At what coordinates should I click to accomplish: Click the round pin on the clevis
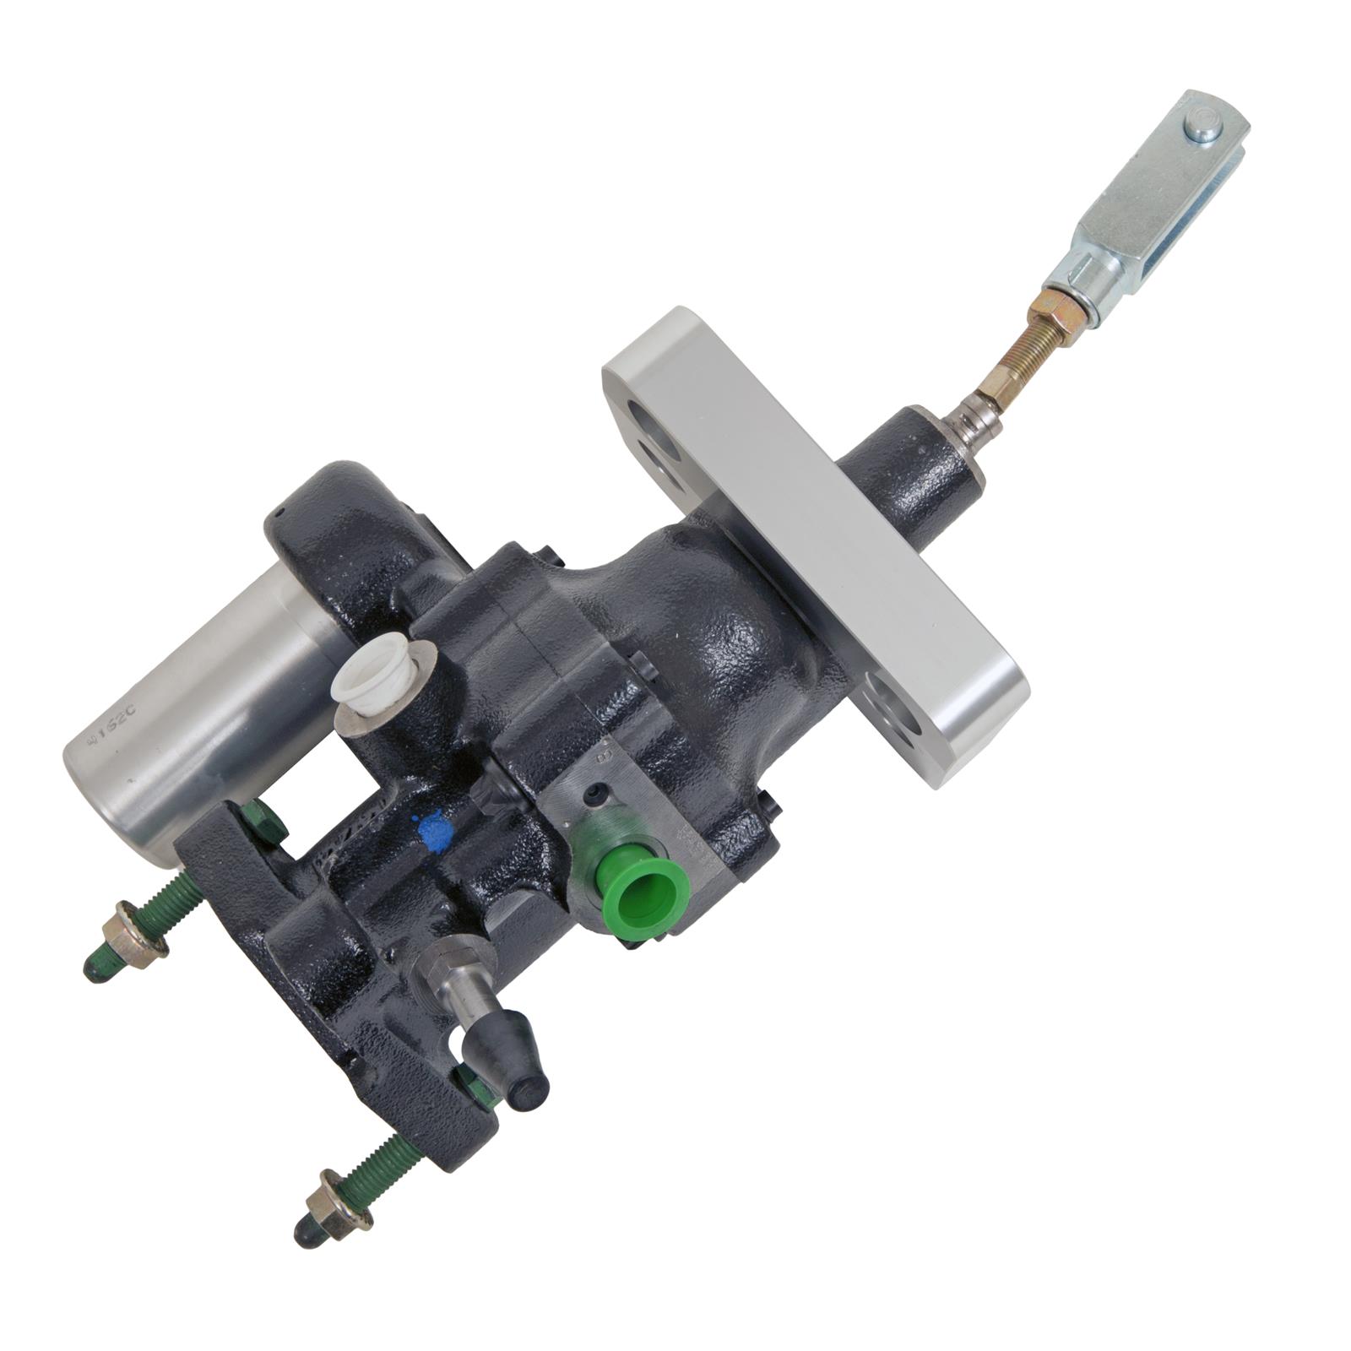pyautogui.click(x=1202, y=129)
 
